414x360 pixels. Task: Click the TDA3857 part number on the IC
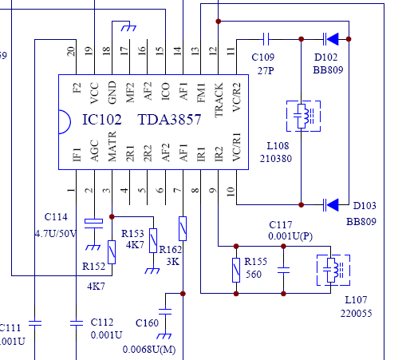tap(169, 120)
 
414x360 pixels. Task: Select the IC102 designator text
tap(102, 120)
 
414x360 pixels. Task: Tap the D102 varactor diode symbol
tap(331, 39)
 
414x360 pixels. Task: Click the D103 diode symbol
tap(331, 205)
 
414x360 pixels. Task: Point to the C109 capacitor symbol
tap(266, 39)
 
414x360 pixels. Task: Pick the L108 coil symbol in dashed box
tap(303, 116)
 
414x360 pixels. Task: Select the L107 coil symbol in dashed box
tap(333, 270)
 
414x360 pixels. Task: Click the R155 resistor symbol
tap(236, 270)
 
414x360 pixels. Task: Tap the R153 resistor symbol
tap(153, 240)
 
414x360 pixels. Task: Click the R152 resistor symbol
tap(112, 252)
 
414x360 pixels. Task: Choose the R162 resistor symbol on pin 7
tap(183, 228)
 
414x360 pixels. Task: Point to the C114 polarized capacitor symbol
tap(93, 224)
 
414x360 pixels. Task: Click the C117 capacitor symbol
tap(283, 270)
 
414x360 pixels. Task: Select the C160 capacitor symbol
tap(165, 311)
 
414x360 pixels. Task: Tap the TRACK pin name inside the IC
tap(219, 101)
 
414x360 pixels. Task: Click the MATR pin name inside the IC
tap(112, 146)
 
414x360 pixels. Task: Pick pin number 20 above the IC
tap(71, 51)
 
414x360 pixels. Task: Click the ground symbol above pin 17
tap(128, 28)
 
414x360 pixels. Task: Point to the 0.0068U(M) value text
tap(149, 350)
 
